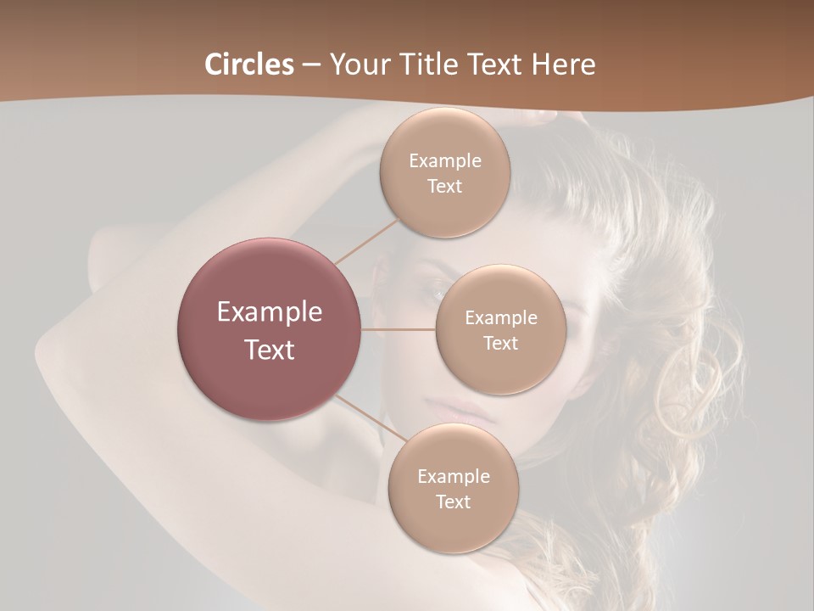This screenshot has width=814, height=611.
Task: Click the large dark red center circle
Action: (270, 329)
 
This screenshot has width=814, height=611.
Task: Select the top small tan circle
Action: (444, 172)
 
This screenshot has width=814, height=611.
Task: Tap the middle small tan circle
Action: (500, 329)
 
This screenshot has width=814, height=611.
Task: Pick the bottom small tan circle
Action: (453, 488)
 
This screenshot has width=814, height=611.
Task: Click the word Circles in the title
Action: (249, 64)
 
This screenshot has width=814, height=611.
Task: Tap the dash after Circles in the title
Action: (312, 65)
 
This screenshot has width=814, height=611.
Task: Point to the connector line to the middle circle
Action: (399, 329)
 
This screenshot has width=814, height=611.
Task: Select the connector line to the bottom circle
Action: (371, 418)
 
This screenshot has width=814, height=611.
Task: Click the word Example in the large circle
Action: (270, 312)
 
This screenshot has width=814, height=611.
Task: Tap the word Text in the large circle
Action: (270, 350)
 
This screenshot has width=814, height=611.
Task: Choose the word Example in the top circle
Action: (445, 161)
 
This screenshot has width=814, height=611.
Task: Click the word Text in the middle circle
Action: (500, 344)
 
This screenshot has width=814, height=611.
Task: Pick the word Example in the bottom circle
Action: (454, 477)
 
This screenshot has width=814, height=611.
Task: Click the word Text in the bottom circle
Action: (453, 502)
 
